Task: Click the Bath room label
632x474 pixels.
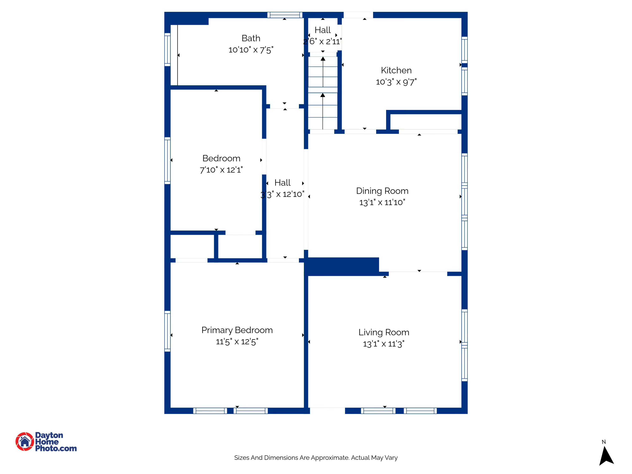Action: click(x=251, y=38)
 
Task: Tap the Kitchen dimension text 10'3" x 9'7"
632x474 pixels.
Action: click(x=396, y=82)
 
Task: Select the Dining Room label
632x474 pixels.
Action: click(x=382, y=191)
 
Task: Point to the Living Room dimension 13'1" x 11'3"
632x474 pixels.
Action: click(x=383, y=344)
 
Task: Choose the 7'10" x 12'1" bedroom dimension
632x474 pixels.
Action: click(x=221, y=170)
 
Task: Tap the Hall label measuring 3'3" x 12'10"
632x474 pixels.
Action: click(x=282, y=183)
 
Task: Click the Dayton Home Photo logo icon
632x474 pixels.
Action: click(x=25, y=441)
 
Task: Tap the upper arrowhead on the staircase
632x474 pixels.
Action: click(x=323, y=59)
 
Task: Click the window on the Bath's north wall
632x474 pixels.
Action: click(x=285, y=15)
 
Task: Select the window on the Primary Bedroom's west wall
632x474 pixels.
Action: click(x=167, y=331)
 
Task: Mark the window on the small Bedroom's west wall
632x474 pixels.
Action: click(x=167, y=160)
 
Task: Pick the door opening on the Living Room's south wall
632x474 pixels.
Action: click(x=327, y=411)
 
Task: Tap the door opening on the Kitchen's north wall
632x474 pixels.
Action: click(x=358, y=15)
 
